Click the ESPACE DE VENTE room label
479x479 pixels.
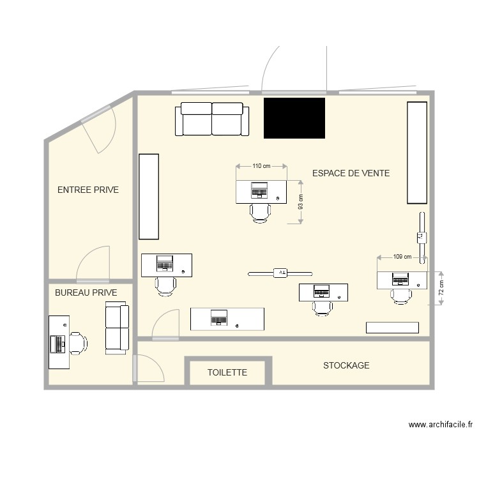tap(351, 173)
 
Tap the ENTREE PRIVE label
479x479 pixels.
tap(88, 190)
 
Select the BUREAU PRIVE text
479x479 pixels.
tap(86, 293)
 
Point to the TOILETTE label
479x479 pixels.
tap(227, 372)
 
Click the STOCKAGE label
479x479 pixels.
tap(346, 365)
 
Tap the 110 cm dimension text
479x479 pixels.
tap(261, 166)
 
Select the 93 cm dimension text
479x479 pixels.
tap(301, 202)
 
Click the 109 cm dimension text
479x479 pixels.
tap(402, 257)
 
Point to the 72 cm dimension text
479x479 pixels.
tap(440, 287)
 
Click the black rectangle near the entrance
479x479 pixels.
tap(294, 118)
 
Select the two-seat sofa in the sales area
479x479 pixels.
tap(211, 119)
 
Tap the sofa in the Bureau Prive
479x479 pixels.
tap(117, 328)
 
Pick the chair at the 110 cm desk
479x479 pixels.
tap(261, 212)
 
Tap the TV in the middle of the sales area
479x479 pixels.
tap(280, 273)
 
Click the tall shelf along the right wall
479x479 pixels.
tap(417, 152)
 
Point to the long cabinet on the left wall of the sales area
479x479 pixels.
tap(148, 196)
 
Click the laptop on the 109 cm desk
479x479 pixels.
tap(401, 279)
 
